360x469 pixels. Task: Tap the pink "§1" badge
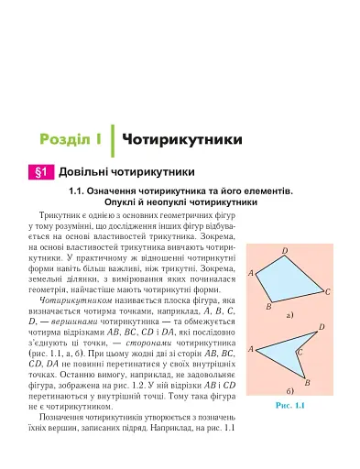(39, 171)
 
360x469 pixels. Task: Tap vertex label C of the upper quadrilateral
(327, 291)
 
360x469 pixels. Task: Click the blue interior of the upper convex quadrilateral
(288, 279)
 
